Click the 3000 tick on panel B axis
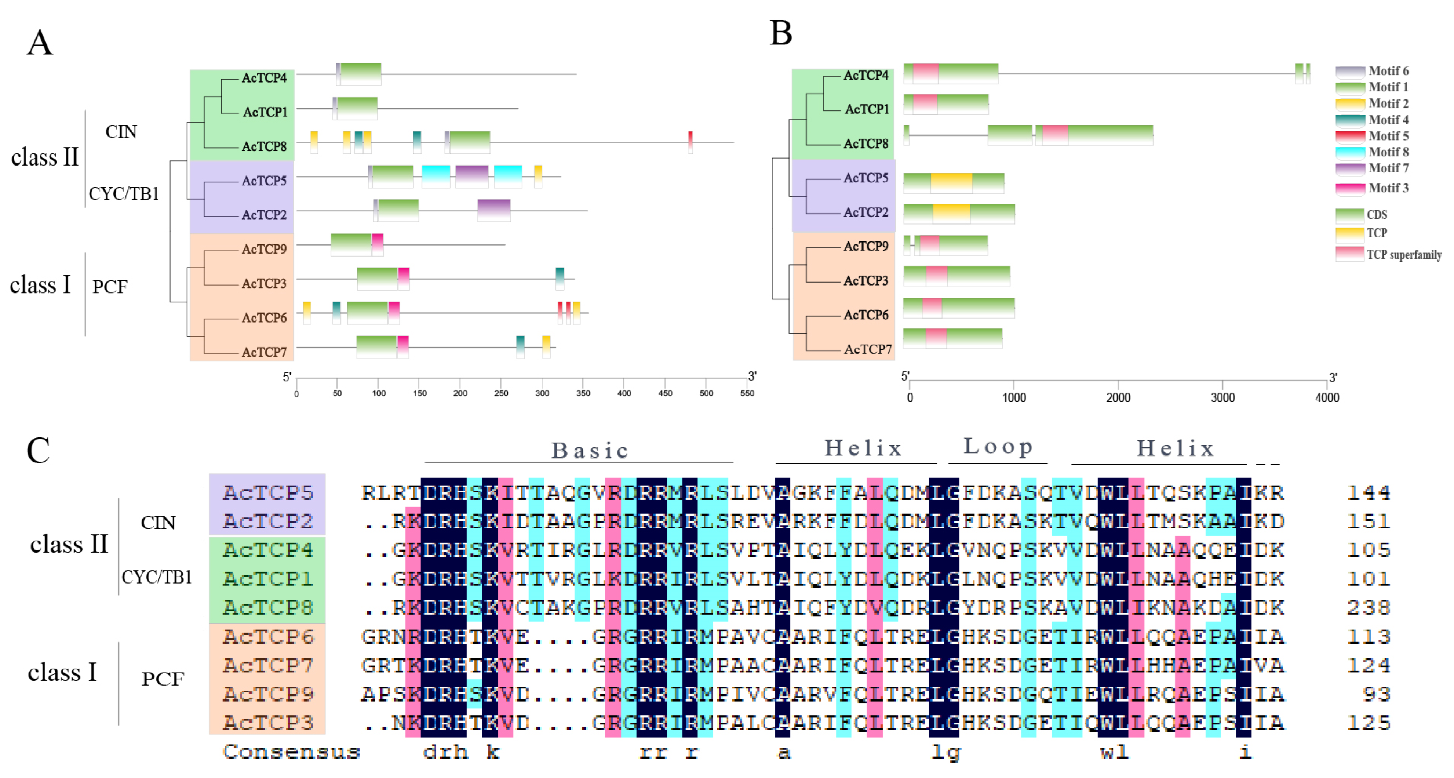tap(1222, 397)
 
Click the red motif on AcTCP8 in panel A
tap(690, 141)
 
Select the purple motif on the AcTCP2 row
tap(494, 210)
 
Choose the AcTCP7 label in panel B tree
tap(868, 349)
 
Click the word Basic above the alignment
tap(590, 451)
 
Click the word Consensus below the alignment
tap(291, 752)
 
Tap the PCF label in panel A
tap(110, 287)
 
